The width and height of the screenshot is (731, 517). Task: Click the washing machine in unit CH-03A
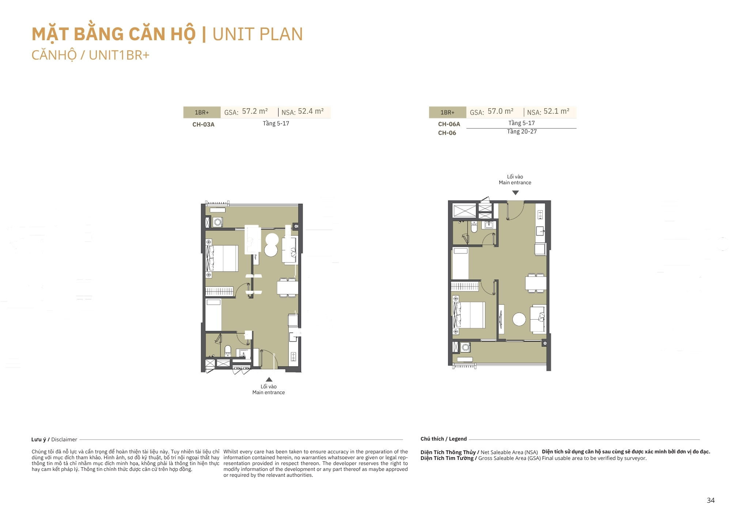click(x=218, y=222)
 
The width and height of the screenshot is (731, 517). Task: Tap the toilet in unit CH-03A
click(x=228, y=350)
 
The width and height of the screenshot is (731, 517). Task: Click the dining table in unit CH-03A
click(x=287, y=288)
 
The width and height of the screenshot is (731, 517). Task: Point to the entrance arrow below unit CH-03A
click(x=269, y=379)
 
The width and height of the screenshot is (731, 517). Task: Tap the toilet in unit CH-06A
click(x=474, y=227)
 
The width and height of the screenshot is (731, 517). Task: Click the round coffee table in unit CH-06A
click(x=519, y=319)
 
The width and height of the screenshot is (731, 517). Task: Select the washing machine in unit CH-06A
click(x=465, y=347)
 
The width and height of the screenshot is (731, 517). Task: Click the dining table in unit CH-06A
click(x=536, y=283)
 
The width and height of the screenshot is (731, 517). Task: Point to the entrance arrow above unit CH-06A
click(x=515, y=193)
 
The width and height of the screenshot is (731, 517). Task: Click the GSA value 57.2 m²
click(x=255, y=111)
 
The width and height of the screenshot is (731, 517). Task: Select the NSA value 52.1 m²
click(x=556, y=111)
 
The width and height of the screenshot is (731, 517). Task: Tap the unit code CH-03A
click(x=203, y=124)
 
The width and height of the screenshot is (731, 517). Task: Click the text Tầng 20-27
click(x=522, y=132)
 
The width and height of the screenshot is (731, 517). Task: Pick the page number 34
click(x=711, y=500)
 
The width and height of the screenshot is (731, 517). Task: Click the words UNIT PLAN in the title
click(x=258, y=34)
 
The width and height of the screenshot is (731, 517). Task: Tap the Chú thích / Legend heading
click(x=444, y=439)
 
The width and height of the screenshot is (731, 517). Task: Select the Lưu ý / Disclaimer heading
click(x=54, y=439)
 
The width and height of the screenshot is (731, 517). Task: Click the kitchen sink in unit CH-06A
click(x=540, y=231)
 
